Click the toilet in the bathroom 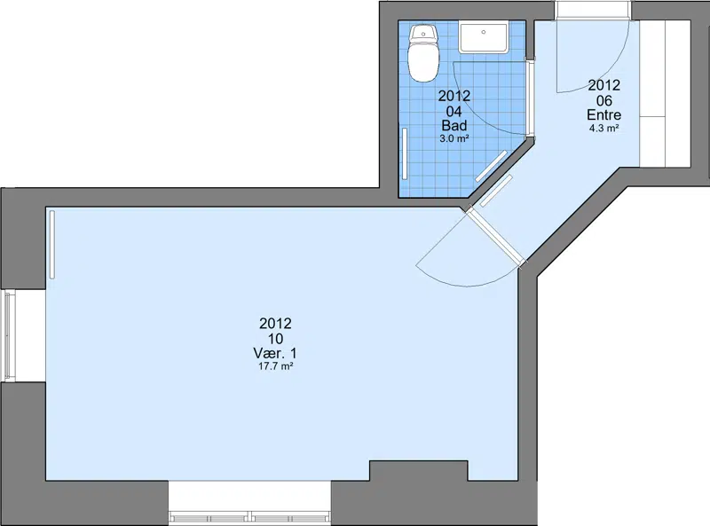pos(423,53)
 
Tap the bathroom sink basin pos(484,38)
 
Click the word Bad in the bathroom pos(454,125)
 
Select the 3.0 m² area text pos(454,138)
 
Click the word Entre pos(604,114)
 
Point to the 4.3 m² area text pos(604,128)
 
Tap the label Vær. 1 pos(275,353)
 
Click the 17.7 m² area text pos(275,366)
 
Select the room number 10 pos(275,339)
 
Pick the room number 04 pos(454,111)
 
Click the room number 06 pos(604,100)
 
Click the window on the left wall pos(9,335)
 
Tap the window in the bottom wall pos(249,516)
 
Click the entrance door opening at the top pos(593,10)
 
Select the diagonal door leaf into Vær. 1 pos(495,236)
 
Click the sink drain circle pos(484,32)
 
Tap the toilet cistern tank pos(423,33)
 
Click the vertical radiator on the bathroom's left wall pos(405,154)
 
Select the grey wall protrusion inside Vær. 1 pos(419,471)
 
